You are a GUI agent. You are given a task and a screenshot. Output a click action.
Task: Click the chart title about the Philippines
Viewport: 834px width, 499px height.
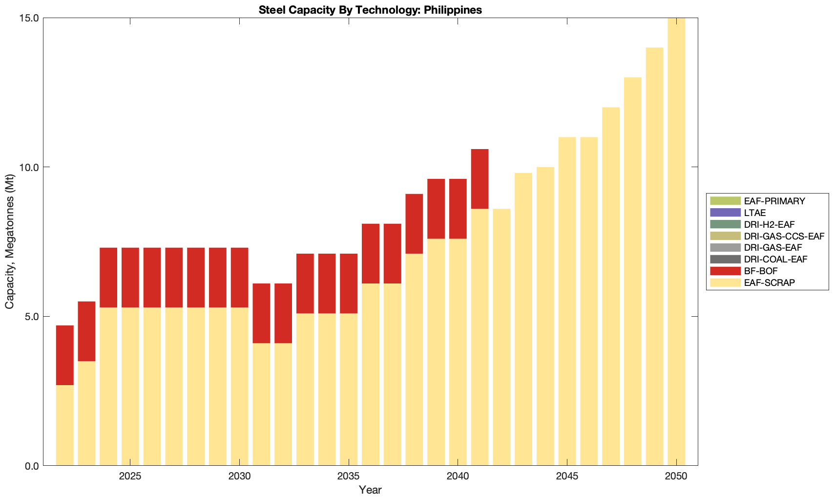click(x=370, y=10)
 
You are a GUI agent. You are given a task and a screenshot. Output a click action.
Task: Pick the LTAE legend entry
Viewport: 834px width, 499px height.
click(x=755, y=213)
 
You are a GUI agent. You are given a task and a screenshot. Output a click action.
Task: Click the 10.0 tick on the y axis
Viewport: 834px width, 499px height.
click(x=29, y=167)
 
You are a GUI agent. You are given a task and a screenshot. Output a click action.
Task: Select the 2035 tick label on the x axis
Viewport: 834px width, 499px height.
click(x=349, y=477)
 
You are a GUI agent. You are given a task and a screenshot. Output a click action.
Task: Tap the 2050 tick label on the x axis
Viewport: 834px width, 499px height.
click(x=676, y=477)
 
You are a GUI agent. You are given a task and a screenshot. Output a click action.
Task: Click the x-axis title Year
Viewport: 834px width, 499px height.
click(x=370, y=490)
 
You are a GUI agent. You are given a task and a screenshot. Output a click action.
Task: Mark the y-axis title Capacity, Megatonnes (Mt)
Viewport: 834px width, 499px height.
click(x=10, y=241)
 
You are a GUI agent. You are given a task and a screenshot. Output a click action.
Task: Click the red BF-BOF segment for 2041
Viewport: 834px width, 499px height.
click(x=480, y=179)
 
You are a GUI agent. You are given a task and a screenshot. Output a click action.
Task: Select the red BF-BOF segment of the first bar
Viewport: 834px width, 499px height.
click(x=65, y=355)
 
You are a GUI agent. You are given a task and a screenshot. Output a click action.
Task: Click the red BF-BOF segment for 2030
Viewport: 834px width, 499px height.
click(x=239, y=278)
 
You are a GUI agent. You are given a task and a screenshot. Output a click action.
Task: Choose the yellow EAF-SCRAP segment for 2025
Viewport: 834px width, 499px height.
click(x=130, y=386)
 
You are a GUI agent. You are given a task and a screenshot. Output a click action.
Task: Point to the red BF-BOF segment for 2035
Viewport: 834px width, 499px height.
click(x=349, y=283)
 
